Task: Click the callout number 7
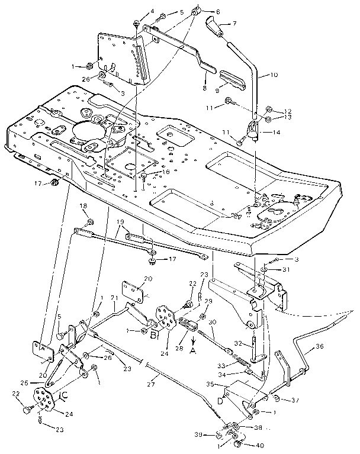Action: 234,23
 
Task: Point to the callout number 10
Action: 274,75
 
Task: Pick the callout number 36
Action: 319,347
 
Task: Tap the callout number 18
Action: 83,205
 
